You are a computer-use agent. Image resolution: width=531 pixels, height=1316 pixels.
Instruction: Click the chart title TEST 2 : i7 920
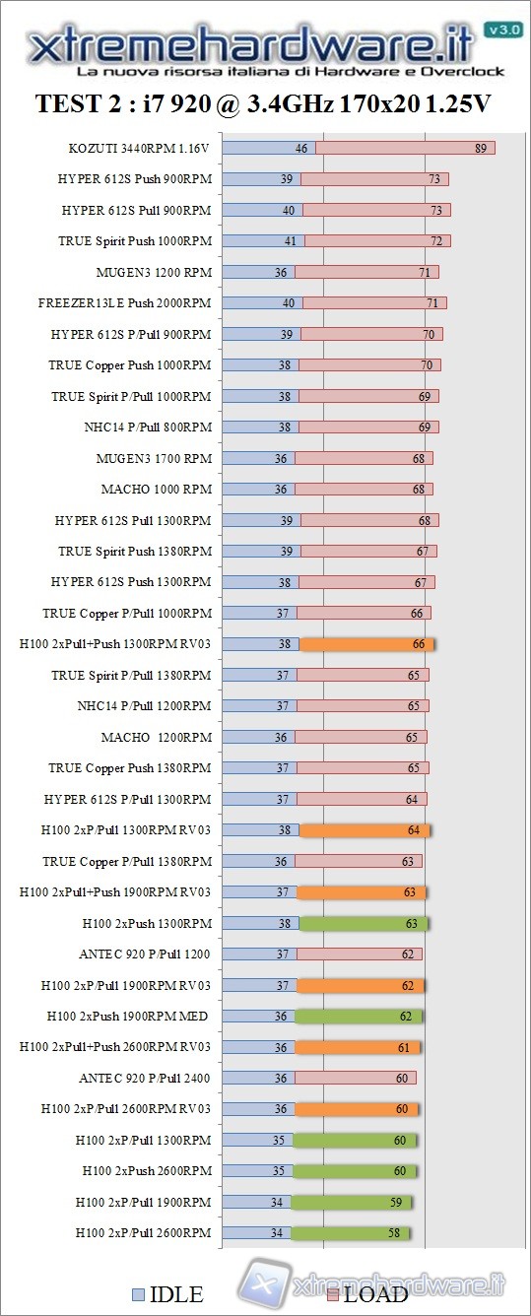point(263,103)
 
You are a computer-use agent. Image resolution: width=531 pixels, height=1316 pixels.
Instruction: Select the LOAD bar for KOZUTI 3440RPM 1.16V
point(404,148)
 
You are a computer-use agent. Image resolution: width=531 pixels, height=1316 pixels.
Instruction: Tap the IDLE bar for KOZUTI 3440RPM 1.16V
point(268,148)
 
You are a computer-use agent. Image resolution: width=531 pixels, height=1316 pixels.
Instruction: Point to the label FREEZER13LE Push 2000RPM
point(125,303)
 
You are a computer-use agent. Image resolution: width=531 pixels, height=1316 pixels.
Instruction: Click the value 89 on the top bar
point(481,148)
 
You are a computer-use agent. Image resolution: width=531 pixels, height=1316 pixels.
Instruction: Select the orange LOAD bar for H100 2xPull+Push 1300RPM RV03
point(365,644)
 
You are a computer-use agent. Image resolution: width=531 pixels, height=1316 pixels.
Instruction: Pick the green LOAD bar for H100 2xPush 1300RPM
point(364,924)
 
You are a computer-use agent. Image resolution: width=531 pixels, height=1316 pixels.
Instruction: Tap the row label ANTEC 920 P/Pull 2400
point(145,1079)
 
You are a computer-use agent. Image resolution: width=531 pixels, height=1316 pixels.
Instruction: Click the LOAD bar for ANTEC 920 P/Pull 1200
point(359,954)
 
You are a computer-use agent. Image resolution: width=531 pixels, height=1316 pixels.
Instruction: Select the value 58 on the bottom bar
point(394,1233)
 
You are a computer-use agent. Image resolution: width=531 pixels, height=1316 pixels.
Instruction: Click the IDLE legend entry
point(167,1294)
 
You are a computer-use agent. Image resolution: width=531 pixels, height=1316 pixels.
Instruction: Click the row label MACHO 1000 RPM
point(156,490)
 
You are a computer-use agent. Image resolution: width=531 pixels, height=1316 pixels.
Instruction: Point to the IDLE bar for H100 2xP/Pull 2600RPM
point(256,1233)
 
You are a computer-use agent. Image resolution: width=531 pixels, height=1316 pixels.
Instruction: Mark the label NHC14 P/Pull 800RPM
point(148,428)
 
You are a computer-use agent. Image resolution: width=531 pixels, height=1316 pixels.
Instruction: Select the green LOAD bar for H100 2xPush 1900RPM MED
point(359,1017)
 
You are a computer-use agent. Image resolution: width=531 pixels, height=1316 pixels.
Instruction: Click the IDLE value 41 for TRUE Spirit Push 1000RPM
point(290,241)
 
